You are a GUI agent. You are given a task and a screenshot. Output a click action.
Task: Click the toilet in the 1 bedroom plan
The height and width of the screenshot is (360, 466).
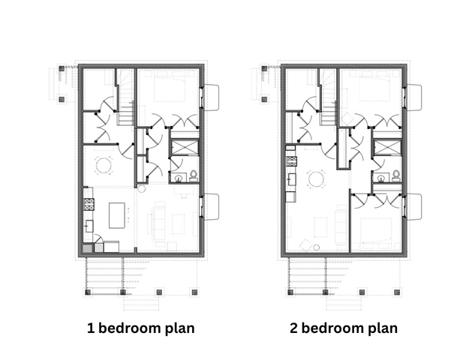tap(193, 175)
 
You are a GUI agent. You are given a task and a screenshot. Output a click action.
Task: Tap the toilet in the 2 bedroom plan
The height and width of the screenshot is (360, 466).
tap(396, 175)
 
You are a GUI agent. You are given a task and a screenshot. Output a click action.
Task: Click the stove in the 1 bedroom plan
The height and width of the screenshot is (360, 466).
tap(89, 204)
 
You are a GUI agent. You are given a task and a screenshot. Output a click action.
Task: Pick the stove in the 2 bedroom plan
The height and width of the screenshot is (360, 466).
tap(291, 161)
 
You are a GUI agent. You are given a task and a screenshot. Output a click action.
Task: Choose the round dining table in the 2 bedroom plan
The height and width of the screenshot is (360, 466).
tap(316, 179)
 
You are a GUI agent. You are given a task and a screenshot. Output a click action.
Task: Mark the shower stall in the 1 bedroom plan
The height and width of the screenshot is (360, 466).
tap(185, 147)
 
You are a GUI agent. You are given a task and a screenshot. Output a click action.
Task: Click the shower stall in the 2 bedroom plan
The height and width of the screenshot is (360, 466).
tap(387, 147)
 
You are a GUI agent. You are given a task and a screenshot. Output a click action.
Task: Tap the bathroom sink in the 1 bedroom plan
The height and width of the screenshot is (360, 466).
tap(179, 178)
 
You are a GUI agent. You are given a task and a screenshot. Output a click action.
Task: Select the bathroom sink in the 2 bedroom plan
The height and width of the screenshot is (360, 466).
tap(381, 178)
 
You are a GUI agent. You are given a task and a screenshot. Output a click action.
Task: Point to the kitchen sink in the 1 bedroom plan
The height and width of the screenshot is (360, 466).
tap(89, 226)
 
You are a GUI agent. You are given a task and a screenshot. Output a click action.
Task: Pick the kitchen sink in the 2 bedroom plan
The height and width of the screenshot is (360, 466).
tap(292, 179)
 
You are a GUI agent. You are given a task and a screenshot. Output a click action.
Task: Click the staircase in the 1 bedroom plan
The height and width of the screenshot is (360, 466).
tap(125, 98)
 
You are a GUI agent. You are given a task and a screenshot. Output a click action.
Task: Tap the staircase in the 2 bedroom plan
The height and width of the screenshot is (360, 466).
tap(328, 98)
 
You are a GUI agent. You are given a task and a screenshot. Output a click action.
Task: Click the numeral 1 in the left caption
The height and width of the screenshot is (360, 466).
tap(90, 328)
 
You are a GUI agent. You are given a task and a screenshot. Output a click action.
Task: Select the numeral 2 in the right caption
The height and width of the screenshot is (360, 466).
tap(294, 328)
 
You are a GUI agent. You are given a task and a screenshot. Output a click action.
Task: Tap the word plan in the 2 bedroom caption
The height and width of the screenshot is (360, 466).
tap(383, 329)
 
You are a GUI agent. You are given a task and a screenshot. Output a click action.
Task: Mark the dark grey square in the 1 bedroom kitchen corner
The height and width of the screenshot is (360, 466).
tap(87, 248)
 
